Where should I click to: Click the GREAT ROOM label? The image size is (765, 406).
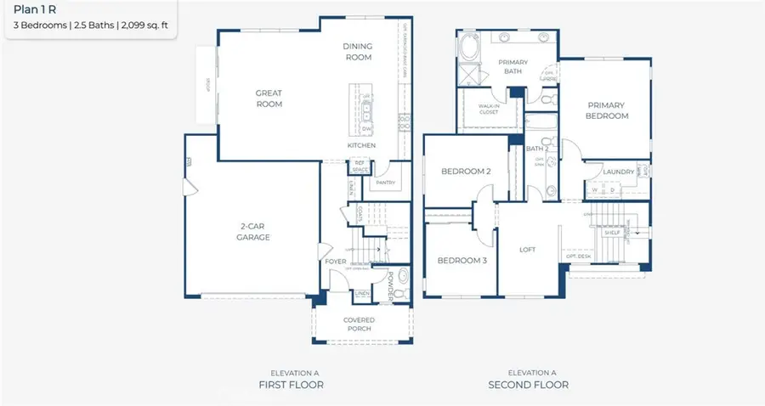tap(269, 99)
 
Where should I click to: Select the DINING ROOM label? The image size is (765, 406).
tap(358, 51)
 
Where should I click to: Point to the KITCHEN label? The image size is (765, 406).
tap(360, 146)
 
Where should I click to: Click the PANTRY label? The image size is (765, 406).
tap(385, 182)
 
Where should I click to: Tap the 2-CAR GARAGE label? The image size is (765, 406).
tap(253, 232)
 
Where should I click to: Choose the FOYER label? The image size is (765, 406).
tap(336, 261)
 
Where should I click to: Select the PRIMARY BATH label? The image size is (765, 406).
tap(513, 67)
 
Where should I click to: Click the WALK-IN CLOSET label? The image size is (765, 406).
tap(488, 109)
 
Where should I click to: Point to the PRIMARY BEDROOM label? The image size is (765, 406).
tap(607, 110)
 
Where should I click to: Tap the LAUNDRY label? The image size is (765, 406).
tap(618, 172)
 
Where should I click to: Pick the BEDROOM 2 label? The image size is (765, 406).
tap(466, 172)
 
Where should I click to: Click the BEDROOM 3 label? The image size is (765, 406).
tap(462, 261)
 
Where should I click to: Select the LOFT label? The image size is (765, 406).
tap(529, 250)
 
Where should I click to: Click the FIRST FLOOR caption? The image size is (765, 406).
tap(292, 385)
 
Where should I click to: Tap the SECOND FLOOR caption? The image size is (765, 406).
tap(529, 385)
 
